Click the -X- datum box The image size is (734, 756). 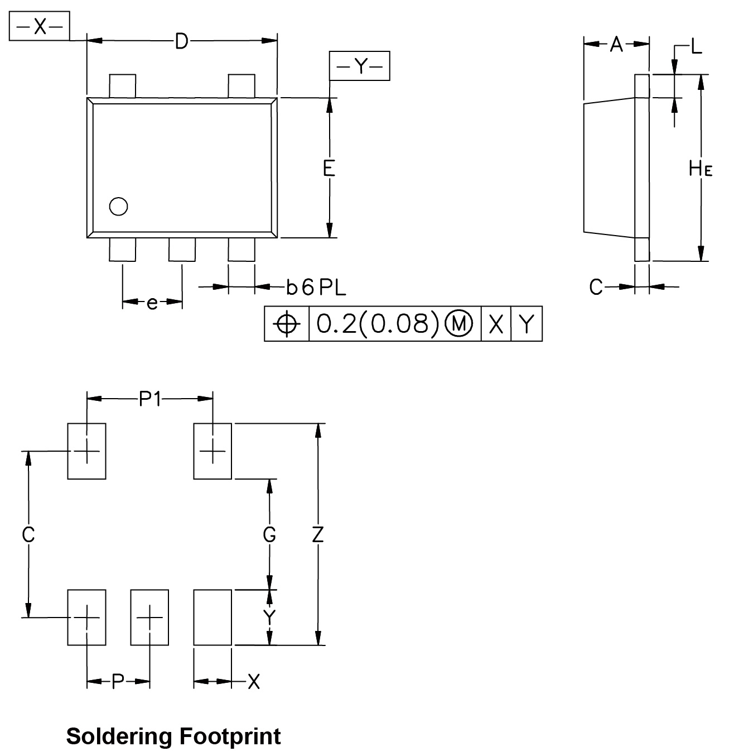click(x=40, y=26)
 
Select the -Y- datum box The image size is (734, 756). click(x=360, y=66)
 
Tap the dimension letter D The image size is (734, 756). click(x=181, y=41)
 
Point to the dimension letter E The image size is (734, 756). click(x=329, y=168)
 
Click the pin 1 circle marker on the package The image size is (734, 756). click(x=119, y=207)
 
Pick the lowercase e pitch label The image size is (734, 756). click(x=152, y=303)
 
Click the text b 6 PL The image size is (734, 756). click(x=316, y=288)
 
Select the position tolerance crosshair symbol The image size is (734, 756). click(x=287, y=324)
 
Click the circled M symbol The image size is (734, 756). click(x=458, y=324)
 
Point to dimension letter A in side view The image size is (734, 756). click(x=616, y=44)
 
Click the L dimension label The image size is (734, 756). click(x=696, y=47)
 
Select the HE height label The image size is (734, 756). click(x=701, y=168)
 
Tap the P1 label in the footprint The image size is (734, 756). click(x=150, y=399)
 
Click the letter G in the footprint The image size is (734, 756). click(x=269, y=535)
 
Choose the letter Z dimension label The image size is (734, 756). click(x=318, y=535)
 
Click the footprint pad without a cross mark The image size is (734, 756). click(x=213, y=617)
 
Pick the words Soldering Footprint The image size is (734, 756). click(x=173, y=736)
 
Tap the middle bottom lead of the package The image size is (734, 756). click(x=182, y=250)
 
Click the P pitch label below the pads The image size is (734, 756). click(x=118, y=681)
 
